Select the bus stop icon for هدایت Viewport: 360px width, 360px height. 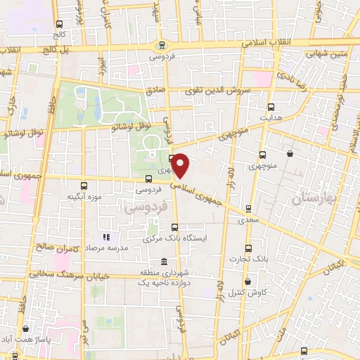[x=271, y=108]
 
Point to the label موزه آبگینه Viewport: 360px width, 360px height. [x=86, y=198]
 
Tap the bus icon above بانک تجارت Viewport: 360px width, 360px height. [x=247, y=247]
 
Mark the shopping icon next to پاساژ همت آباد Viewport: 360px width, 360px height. [x=26, y=328]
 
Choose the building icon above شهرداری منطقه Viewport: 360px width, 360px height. [x=165, y=261]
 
